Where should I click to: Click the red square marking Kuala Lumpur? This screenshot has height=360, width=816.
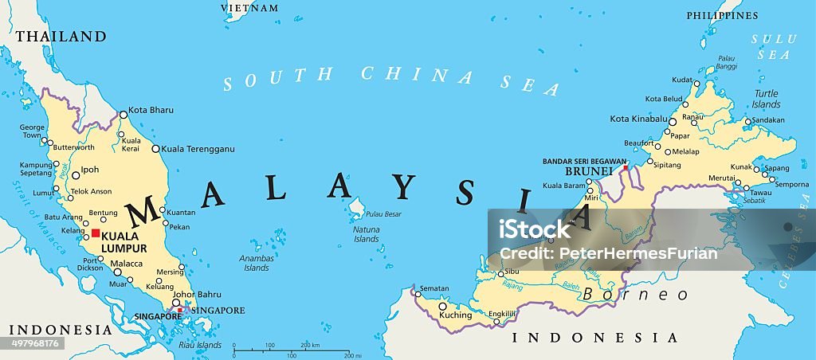[x=96, y=233]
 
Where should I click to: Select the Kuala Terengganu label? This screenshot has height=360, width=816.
[x=198, y=149]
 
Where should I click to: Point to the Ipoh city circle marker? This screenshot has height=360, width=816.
[x=75, y=175]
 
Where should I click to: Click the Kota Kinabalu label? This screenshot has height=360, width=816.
[x=637, y=119]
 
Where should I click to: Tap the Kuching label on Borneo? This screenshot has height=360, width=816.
[x=456, y=315]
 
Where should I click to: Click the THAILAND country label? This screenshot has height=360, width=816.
[x=61, y=37]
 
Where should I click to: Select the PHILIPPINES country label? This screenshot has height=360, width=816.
[x=721, y=15]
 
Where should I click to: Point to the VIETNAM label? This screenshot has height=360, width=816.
[x=250, y=8]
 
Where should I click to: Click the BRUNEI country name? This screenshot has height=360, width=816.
[x=588, y=171]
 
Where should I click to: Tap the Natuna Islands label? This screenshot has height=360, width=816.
[x=366, y=235]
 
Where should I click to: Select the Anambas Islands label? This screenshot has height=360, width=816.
[x=257, y=263]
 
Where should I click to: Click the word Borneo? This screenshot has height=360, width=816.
[x=635, y=295]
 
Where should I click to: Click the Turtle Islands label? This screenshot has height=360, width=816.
[x=766, y=99]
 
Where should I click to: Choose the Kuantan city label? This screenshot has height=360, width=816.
[x=182, y=212]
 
